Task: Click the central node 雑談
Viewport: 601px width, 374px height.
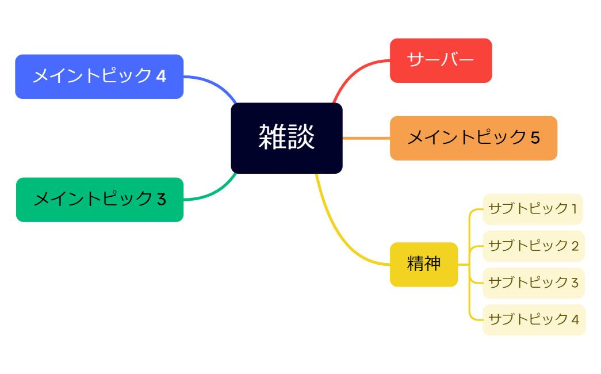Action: click(286, 138)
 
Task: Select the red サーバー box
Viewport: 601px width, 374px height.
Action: click(441, 60)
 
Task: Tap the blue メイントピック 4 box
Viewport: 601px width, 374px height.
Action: click(99, 77)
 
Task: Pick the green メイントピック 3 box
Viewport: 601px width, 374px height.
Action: click(99, 200)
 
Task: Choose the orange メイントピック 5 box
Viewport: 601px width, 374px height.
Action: click(473, 138)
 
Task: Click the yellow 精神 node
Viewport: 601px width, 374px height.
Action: click(424, 265)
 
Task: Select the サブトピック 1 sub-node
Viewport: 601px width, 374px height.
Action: click(533, 209)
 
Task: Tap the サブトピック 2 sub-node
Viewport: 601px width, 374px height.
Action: click(533, 246)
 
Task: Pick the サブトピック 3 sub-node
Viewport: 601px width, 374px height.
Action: click(533, 283)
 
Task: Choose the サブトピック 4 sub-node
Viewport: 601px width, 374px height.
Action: click(534, 319)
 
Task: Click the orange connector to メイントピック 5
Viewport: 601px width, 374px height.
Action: click(366, 138)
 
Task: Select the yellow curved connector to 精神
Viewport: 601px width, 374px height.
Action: click(339, 236)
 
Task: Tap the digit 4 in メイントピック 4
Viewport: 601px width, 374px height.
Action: click(161, 77)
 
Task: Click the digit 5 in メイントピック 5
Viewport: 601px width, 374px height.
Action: click(535, 138)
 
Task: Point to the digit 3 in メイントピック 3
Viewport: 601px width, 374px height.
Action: click(161, 200)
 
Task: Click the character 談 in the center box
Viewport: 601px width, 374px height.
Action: click(301, 138)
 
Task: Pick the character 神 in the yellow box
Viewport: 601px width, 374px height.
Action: click(432, 264)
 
